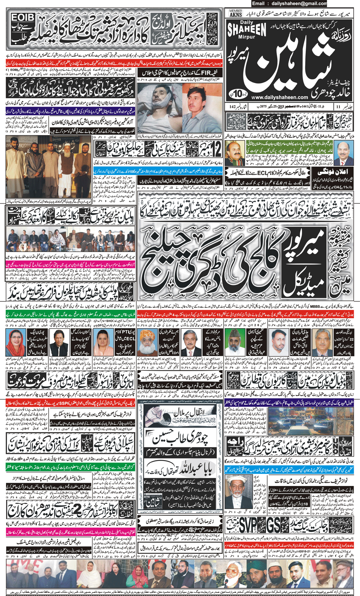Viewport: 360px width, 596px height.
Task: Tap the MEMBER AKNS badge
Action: click(236, 13)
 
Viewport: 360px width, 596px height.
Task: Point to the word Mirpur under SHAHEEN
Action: click(247, 37)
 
